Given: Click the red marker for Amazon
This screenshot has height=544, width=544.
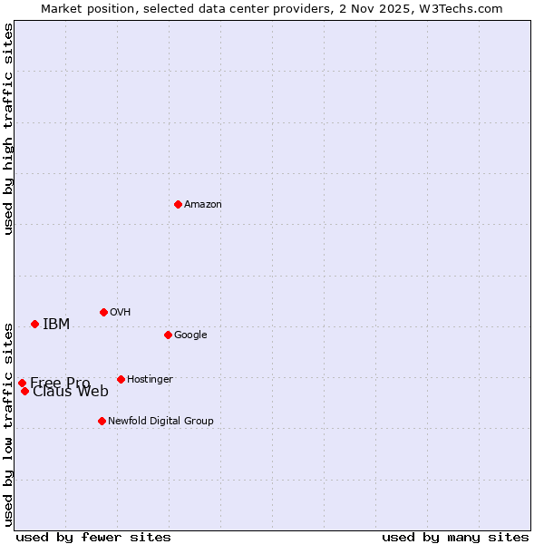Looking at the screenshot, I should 178,204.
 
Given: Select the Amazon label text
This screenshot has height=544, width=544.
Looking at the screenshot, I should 203,205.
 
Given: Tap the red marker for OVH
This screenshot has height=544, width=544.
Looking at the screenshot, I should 103,312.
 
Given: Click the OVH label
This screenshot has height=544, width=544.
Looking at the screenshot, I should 121,313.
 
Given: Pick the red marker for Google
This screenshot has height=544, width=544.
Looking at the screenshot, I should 168,335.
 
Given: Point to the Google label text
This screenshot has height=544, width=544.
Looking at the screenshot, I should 190,335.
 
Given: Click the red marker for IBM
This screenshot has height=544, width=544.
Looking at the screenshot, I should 34,324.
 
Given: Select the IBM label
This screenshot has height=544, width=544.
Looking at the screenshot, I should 56,325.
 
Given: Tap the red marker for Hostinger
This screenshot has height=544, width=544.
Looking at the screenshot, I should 121,379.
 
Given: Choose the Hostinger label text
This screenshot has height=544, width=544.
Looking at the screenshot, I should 150,380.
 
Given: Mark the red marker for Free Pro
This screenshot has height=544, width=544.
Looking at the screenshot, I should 22,383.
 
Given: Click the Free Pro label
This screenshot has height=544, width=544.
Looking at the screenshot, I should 60,383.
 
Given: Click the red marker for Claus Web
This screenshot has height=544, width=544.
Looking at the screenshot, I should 24,391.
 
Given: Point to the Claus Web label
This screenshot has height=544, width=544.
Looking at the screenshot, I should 71,392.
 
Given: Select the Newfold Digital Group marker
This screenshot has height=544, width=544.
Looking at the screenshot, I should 102,421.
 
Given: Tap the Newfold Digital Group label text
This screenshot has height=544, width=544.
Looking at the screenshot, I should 160,422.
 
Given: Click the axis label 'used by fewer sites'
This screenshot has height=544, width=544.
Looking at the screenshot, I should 93,537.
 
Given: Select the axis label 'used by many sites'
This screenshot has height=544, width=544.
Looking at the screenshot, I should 455,537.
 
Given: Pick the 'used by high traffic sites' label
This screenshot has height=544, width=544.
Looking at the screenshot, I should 9,129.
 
